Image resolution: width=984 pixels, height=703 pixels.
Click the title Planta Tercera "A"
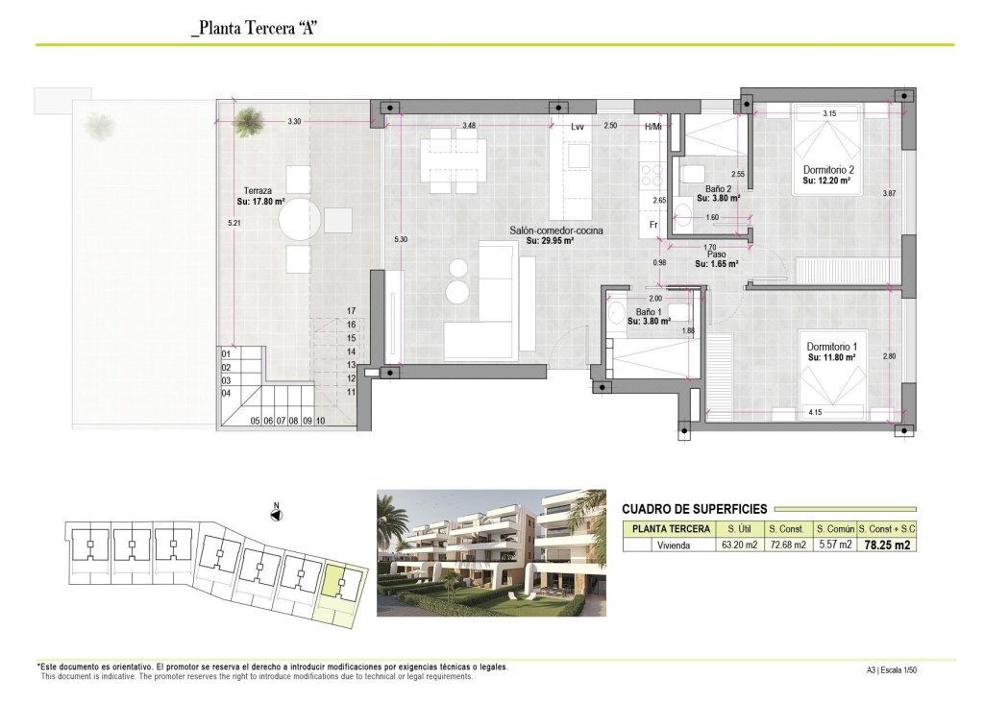[256, 28]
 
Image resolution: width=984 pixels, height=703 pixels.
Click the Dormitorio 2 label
[829, 169]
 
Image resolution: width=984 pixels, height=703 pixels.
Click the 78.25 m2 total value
[887, 545]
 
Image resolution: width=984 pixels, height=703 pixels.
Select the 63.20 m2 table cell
[739, 545]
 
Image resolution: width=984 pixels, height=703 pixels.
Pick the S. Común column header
[833, 529]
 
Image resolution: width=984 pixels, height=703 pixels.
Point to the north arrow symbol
[276, 514]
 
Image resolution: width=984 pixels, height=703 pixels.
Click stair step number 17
[352, 311]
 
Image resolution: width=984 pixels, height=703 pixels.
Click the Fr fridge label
[653, 225]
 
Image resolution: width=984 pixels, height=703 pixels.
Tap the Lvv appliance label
[577, 127]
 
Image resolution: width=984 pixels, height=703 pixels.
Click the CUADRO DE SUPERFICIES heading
[694, 509]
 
